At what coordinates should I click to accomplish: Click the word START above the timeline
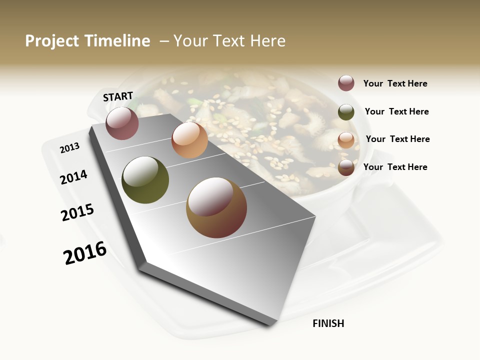pos(118,96)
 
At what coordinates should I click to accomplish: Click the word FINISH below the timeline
pos(328,323)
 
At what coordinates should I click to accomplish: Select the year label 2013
pos(69,147)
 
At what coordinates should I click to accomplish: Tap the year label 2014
pos(73,177)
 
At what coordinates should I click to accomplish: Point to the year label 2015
pos(77,212)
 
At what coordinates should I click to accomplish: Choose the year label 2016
pos(85,253)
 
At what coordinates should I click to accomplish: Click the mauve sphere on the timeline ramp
pos(122,123)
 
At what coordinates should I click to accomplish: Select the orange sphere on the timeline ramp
pos(189,140)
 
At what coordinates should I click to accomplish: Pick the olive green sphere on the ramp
pos(145,180)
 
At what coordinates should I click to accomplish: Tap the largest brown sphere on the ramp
pos(216,207)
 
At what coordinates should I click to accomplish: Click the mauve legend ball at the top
pos(346,83)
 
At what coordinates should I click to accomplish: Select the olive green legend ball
pos(346,111)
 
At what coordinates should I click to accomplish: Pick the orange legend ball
pos(346,139)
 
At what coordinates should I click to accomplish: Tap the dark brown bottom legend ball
pos(346,167)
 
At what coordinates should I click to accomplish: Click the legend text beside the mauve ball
pos(395,83)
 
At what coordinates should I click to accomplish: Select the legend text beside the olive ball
pos(396,111)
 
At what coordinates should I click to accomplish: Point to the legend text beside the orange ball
pos(397,139)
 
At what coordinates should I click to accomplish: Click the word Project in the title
pos(52,41)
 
